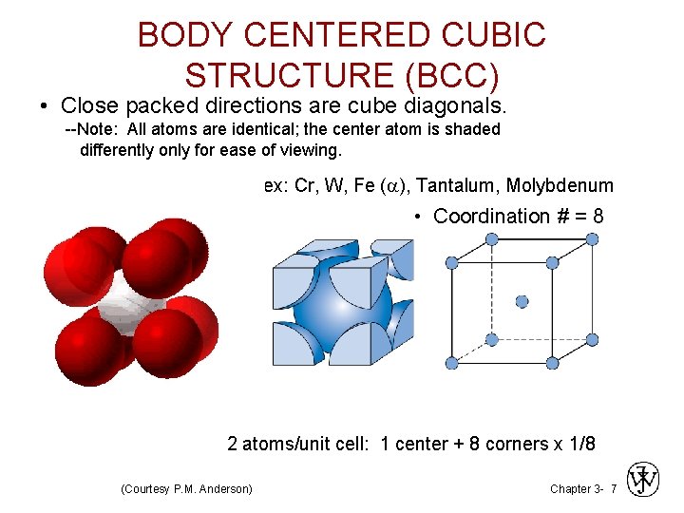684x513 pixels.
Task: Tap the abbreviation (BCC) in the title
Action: [x=446, y=74]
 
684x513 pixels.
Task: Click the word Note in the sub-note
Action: [x=99, y=129]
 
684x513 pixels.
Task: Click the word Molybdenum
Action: [x=560, y=185]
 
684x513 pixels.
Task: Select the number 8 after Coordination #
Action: [x=598, y=217]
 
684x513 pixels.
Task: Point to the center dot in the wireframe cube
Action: [x=522, y=301]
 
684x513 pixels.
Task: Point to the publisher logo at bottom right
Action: [x=643, y=480]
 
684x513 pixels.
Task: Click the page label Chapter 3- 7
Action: [x=583, y=488]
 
